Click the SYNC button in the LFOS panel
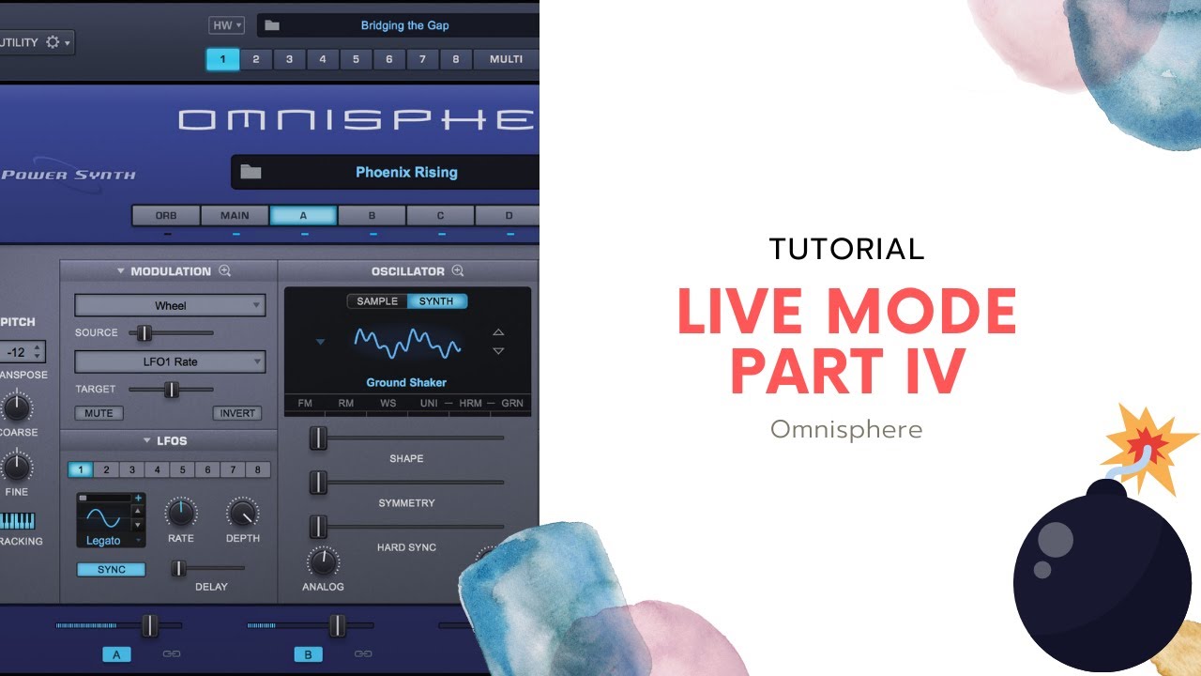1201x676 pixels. point(111,569)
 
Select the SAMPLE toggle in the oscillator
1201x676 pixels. point(377,301)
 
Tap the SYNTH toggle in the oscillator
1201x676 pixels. point(436,301)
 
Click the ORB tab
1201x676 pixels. point(166,216)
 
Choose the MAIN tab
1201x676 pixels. point(235,216)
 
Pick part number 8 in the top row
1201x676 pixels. point(456,59)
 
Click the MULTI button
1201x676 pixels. point(506,59)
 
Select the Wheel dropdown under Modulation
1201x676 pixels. point(170,305)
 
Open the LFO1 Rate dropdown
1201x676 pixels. point(170,361)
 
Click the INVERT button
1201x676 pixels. point(237,413)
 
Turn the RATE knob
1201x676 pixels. point(181,513)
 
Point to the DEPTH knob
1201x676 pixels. point(242,513)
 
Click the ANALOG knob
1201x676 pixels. point(323,561)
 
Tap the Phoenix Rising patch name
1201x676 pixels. point(406,172)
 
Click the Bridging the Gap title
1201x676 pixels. point(404,25)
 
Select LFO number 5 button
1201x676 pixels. point(183,469)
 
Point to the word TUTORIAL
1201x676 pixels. point(846,249)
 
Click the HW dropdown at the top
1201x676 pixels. point(226,25)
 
